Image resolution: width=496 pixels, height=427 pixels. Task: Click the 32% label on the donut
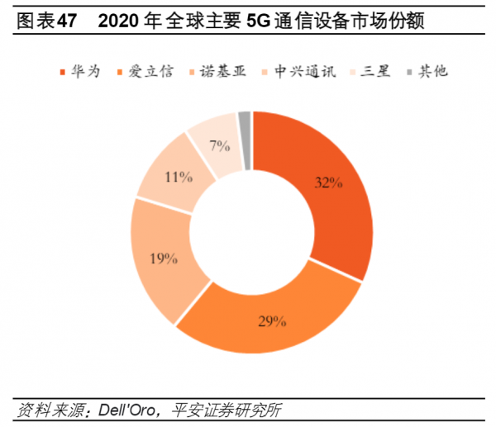tap(328, 183)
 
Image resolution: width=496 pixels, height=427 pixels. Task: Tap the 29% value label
tap(272, 320)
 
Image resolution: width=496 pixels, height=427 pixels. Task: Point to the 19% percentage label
tap(164, 259)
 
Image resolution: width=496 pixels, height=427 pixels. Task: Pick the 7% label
tap(218, 147)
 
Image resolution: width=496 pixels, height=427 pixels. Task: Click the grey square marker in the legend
tap(410, 72)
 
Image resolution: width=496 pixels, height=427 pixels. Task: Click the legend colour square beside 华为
tap(64, 72)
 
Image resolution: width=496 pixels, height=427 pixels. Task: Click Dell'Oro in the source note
tap(132, 410)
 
